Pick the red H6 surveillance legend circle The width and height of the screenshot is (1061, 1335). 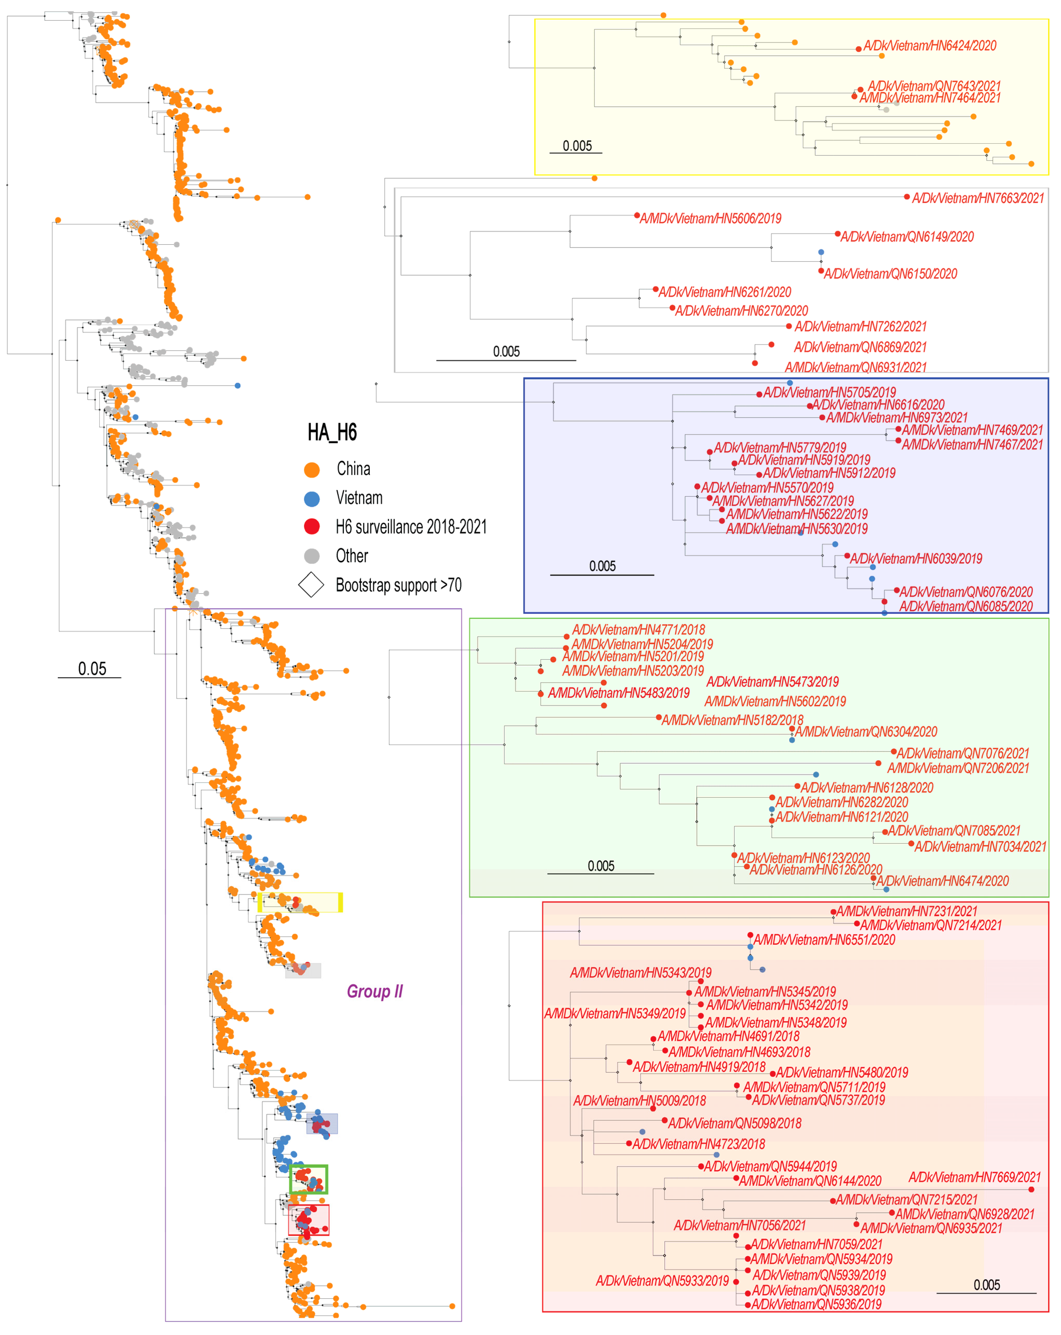click(x=312, y=527)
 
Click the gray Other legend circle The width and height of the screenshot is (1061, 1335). click(x=312, y=556)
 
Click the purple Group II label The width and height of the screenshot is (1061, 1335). click(x=374, y=991)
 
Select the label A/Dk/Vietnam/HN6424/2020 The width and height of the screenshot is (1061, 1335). click(x=930, y=46)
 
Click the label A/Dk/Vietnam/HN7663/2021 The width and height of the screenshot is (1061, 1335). click(x=978, y=198)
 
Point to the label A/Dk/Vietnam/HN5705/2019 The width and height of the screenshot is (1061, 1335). click(x=829, y=393)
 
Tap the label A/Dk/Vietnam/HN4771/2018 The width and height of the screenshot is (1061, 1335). click(x=638, y=630)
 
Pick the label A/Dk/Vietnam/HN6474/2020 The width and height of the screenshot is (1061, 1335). click(x=942, y=881)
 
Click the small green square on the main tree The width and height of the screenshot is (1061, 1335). click(x=308, y=1180)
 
